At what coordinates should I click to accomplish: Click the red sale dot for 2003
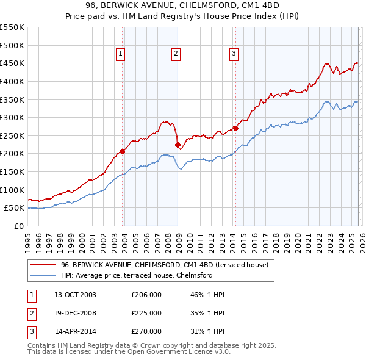(122, 151)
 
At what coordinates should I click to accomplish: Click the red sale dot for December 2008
(178, 145)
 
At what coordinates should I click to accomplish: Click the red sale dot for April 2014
(235, 128)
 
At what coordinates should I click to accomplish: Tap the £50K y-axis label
(15, 207)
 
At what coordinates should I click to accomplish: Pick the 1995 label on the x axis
(28, 238)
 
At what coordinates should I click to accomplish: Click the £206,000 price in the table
(146, 295)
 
